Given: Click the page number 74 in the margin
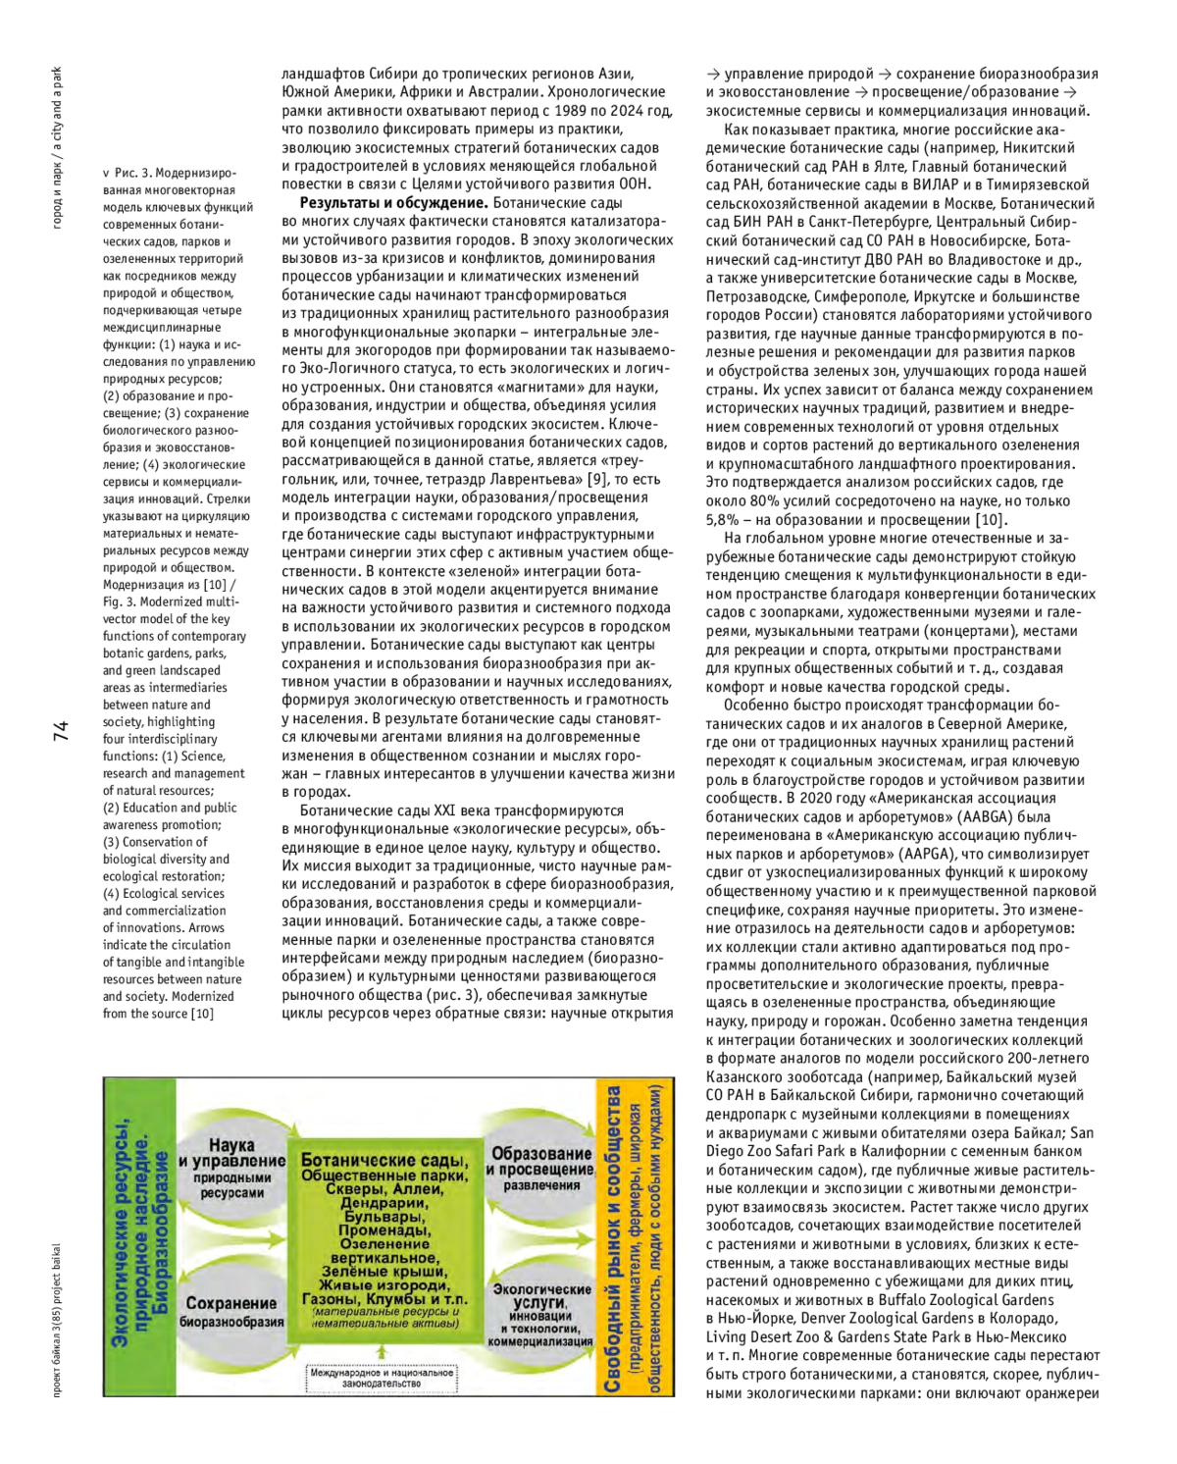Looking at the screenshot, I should pyautogui.click(x=61, y=730).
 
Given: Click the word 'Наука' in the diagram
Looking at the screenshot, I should pyautogui.click(x=231, y=1144).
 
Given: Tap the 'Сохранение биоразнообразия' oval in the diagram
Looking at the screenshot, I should pyautogui.click(x=231, y=1311).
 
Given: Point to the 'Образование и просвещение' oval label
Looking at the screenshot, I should pyautogui.click(x=541, y=1163).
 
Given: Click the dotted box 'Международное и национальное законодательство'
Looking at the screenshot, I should pyautogui.click(x=382, y=1378).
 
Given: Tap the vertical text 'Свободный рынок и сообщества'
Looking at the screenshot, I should pyautogui.click(x=613, y=1236).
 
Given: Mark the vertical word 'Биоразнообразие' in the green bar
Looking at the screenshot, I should pyautogui.click(x=161, y=1236).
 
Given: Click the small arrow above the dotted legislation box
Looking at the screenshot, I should pyautogui.click(x=382, y=1352).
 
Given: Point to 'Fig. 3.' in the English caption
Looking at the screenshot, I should pyautogui.click(x=121, y=601).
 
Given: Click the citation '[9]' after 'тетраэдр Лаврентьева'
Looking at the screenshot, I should pyautogui.click(x=596, y=479).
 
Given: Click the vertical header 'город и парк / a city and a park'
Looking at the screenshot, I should pyautogui.click(x=58, y=147).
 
